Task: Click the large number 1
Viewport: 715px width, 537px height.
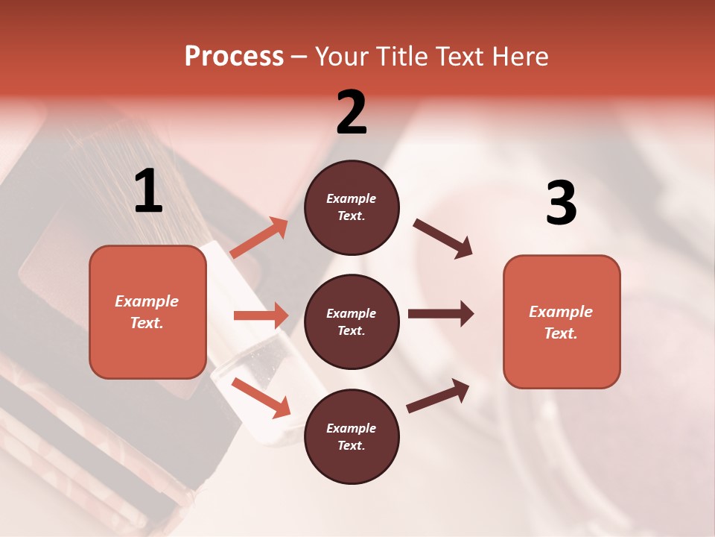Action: pos(148,192)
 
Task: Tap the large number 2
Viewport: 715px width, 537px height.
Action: pos(352,113)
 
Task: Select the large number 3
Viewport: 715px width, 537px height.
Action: pos(561,204)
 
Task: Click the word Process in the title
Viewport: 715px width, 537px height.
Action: pos(234,56)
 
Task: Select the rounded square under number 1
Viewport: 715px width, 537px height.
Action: pos(147,312)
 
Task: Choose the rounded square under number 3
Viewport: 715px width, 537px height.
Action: pos(562,321)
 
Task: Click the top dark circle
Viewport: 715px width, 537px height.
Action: pos(352,207)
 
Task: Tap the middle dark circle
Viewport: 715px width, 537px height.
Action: pos(352,321)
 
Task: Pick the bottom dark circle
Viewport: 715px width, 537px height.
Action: pos(352,436)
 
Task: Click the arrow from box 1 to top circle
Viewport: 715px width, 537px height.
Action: pos(259,238)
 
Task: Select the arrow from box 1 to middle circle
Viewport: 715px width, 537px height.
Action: pos(261,315)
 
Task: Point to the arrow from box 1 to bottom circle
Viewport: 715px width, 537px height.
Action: pos(261,398)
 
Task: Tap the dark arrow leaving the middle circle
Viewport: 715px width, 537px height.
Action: pos(441,314)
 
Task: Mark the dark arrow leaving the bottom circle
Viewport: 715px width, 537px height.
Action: pos(438,395)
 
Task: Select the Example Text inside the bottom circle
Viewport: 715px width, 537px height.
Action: pos(352,436)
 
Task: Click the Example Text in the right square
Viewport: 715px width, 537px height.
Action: pos(561,322)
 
